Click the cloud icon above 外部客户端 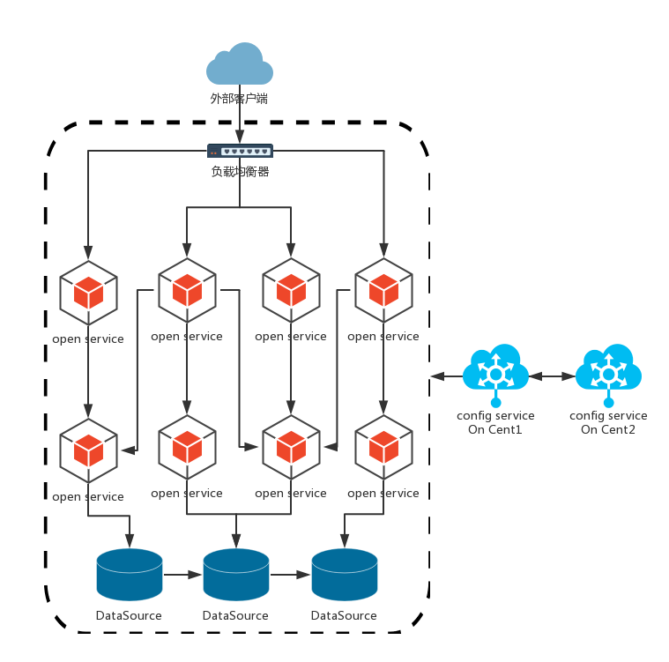point(239,64)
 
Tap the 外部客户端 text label point(239,99)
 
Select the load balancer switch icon point(240,152)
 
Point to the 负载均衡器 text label point(240,171)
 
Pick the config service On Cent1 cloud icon point(496,369)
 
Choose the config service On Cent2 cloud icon point(608,369)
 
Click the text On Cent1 point(495,430)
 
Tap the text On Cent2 point(608,430)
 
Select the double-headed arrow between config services point(553,376)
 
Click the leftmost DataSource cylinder point(130,574)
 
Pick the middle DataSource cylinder point(236,574)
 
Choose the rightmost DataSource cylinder point(345,574)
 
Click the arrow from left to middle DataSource point(183,575)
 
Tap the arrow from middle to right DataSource point(291,575)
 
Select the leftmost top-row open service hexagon point(88,293)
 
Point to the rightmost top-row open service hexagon point(383,290)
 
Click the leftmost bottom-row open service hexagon point(88,450)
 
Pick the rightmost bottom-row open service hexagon point(383,447)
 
